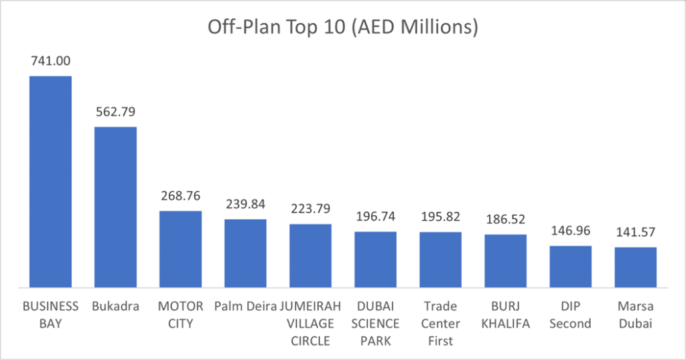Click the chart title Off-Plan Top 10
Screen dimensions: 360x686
click(x=342, y=27)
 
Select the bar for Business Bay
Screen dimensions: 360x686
click(x=50, y=181)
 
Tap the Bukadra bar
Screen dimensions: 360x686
click(x=115, y=206)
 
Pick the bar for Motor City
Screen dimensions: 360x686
click(x=180, y=249)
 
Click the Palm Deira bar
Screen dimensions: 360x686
click(x=245, y=253)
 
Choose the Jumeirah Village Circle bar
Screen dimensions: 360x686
click(x=310, y=255)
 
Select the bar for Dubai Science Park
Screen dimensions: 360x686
click(x=375, y=259)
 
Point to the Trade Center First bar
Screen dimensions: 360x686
click(x=441, y=259)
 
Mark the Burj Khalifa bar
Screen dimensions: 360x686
click(x=506, y=261)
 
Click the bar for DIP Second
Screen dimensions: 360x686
click(x=571, y=266)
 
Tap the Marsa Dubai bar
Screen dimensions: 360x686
click(x=636, y=267)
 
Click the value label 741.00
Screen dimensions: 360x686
click(x=50, y=61)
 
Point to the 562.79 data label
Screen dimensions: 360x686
click(x=115, y=111)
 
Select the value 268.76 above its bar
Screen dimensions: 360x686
click(x=180, y=196)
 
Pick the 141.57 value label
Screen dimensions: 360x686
click(x=636, y=233)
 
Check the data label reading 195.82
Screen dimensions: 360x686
click(x=441, y=217)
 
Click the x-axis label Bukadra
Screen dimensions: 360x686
click(x=115, y=306)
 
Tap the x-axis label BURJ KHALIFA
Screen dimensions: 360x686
click(x=506, y=315)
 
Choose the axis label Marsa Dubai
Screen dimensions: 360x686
click(x=636, y=315)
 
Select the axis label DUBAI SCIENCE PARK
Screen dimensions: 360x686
click(x=375, y=324)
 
